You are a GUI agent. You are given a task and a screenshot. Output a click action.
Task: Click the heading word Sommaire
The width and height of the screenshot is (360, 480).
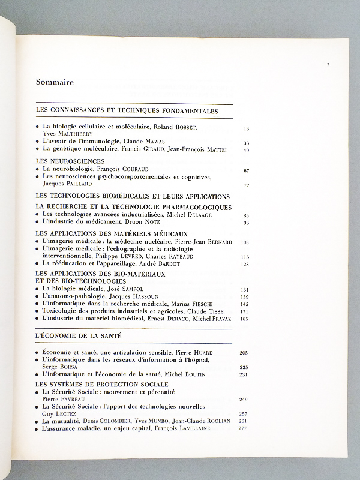click(55, 83)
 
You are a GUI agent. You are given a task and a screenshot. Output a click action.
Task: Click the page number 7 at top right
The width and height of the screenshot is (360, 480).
click(328, 64)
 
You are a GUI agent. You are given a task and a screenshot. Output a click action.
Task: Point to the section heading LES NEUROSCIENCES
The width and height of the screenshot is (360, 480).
click(71, 161)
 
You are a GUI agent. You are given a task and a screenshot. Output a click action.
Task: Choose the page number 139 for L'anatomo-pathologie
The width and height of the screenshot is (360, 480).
click(245, 297)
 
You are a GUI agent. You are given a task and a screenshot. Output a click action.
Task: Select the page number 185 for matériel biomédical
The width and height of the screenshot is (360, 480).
click(245, 320)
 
